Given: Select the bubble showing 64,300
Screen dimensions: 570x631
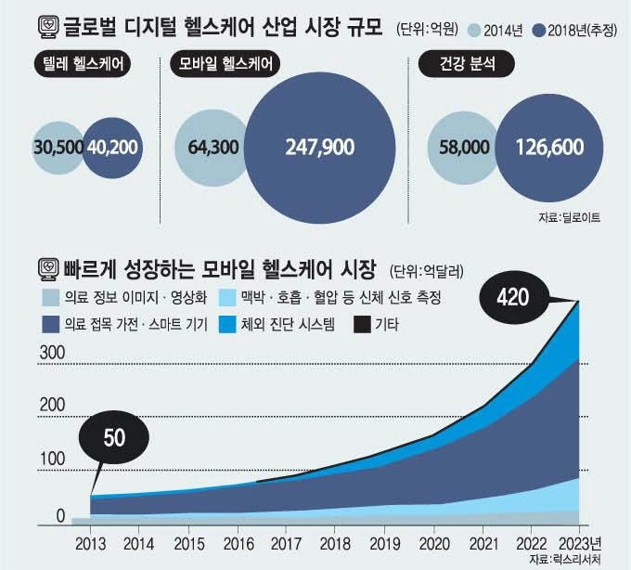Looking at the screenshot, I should coord(212,148).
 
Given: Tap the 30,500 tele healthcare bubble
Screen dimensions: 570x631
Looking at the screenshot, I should coord(58,148).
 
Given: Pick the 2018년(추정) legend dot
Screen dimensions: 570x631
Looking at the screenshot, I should coord(538,30).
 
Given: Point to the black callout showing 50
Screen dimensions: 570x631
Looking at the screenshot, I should coord(113,438).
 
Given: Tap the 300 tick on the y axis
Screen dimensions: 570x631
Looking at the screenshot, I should coord(51,353).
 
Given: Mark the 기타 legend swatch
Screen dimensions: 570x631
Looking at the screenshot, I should coord(361,324).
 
